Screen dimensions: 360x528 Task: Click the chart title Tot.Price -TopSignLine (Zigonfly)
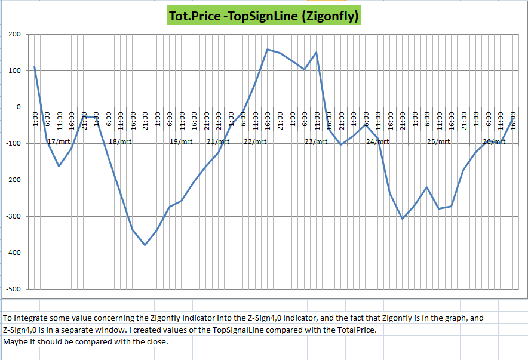coord(264,15)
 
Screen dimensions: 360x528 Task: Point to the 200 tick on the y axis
coord(14,35)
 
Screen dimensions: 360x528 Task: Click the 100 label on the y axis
coord(14,71)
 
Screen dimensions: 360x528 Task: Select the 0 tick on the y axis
coord(19,107)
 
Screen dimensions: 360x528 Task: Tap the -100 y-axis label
coord(13,144)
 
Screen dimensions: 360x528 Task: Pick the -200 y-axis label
coord(13,180)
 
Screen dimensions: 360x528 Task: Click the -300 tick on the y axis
coord(13,217)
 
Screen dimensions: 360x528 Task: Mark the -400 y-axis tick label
coord(13,253)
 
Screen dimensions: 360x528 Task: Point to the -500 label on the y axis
coord(13,290)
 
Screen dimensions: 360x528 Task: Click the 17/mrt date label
coord(59,141)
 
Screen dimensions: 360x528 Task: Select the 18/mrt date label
coord(120,141)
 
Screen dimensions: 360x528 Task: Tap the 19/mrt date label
coord(181,141)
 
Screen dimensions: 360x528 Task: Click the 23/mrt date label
coord(316,141)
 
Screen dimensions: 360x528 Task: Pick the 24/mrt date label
coord(377,141)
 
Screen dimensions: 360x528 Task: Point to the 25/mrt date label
coord(438,141)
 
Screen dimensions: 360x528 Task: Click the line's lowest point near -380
coord(145,245)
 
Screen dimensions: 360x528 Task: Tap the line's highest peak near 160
coord(267,49)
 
